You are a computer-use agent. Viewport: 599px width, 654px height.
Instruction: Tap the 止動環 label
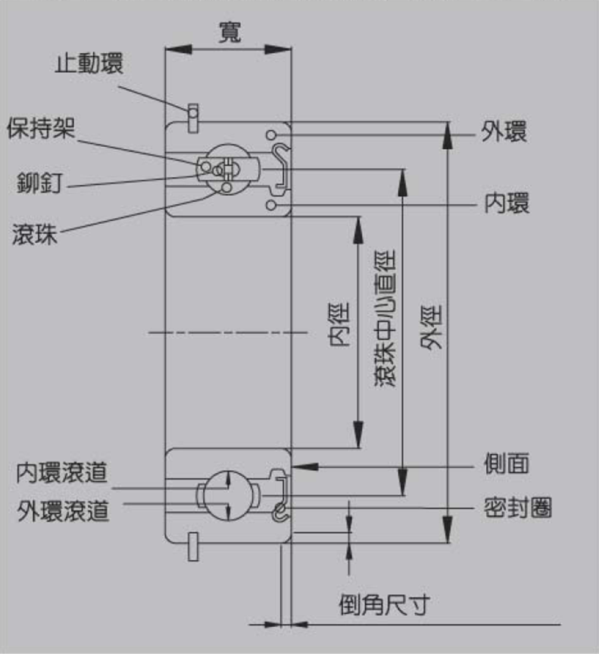[89, 64]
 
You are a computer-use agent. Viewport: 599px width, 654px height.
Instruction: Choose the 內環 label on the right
[507, 203]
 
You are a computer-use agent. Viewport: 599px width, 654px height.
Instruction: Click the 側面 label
[507, 463]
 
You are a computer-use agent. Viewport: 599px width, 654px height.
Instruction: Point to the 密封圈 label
[517, 507]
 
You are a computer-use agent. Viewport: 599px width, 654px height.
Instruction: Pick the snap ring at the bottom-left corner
[193, 547]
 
